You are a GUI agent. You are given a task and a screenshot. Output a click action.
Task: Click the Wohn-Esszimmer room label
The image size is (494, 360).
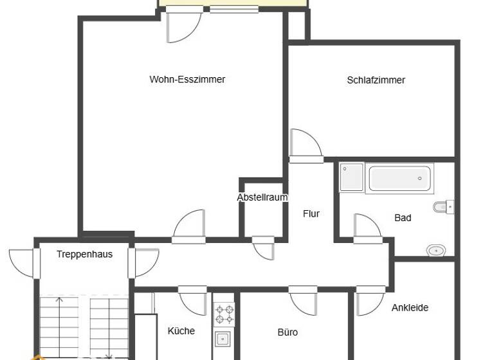coord(187,80)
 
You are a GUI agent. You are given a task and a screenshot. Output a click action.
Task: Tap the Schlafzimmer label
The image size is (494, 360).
coord(376,80)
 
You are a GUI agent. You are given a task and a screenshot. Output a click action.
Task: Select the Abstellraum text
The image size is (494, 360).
coord(262,197)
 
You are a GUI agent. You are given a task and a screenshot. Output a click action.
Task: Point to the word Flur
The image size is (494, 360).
coord(311,214)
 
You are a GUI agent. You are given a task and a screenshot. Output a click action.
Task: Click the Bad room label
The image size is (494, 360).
coord(403,218)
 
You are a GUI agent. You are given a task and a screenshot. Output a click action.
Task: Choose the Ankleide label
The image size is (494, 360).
coord(410,308)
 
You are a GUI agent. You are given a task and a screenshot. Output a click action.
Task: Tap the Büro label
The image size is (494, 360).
coord(288,332)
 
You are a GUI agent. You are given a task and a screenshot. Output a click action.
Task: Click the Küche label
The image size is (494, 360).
coord(181,331)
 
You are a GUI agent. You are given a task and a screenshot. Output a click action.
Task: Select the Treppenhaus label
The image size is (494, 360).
coord(84,254)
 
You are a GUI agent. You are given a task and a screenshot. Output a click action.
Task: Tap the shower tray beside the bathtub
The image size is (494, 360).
coord(352,177)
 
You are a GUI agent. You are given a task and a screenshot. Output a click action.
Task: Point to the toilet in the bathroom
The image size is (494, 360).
coord(443,207)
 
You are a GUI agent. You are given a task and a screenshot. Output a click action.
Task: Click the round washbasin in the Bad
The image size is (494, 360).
coord(436,250)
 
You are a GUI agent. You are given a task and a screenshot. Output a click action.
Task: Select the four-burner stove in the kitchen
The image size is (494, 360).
coord(224,314)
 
